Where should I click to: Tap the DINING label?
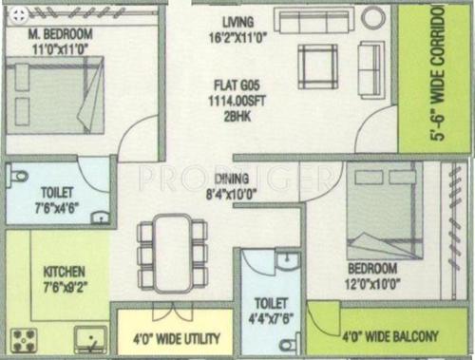tap(232, 178)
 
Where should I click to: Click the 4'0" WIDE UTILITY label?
tap(176, 339)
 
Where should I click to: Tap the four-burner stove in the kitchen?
tap(24, 338)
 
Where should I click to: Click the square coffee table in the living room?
tap(316, 63)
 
